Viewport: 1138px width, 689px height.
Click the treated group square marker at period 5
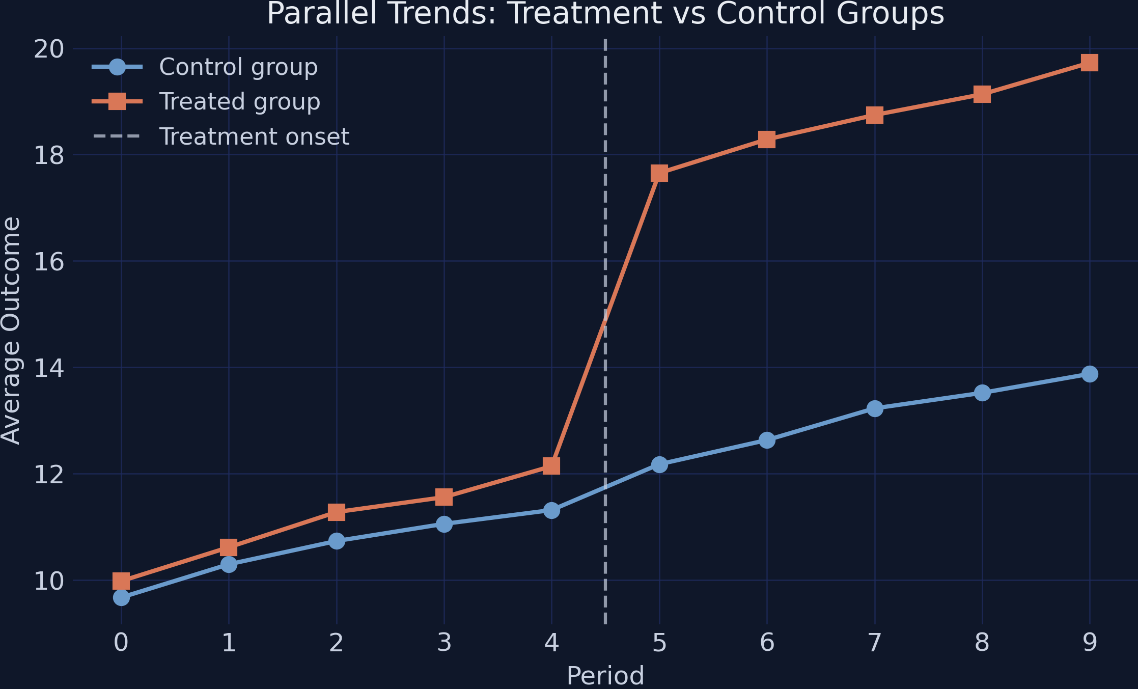click(x=659, y=173)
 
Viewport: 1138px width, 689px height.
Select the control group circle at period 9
click(x=1090, y=374)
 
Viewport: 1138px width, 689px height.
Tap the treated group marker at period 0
click(x=121, y=581)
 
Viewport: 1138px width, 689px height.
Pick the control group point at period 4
click(x=551, y=510)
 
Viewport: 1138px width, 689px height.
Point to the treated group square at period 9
click(x=1090, y=63)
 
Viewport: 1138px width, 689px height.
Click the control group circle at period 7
click(x=875, y=408)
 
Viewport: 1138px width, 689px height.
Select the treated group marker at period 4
click(x=551, y=465)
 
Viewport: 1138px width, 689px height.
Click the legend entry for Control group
click(x=238, y=67)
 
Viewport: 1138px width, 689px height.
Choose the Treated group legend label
click(x=239, y=101)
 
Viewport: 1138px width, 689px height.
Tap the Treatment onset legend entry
click(x=254, y=136)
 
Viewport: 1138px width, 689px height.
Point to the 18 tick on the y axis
click(x=49, y=155)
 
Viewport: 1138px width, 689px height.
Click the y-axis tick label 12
click(x=49, y=475)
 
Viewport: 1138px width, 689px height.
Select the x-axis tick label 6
click(x=767, y=643)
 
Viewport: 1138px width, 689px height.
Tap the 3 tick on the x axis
click(x=444, y=643)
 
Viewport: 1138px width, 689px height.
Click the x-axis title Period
click(x=605, y=676)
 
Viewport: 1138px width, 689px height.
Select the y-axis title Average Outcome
click(x=11, y=331)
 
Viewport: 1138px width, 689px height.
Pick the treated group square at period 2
click(x=336, y=512)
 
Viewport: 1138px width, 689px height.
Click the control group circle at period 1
click(x=229, y=564)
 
